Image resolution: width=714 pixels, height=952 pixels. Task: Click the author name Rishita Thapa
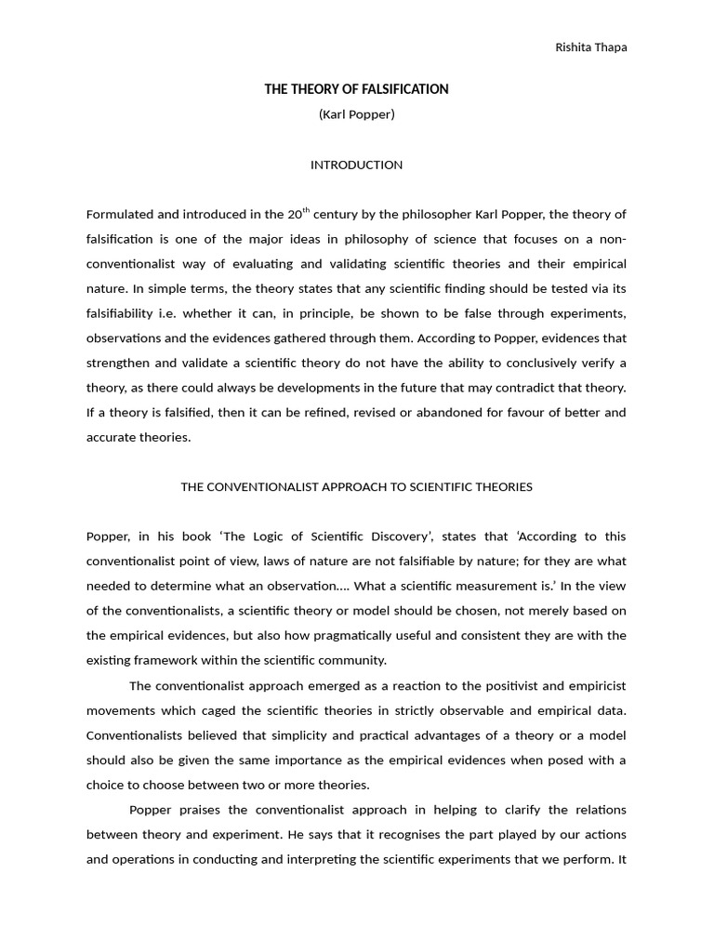590,48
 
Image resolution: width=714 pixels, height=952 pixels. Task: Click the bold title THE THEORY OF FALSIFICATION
356,89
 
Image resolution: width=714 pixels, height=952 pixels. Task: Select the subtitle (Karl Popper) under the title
356,114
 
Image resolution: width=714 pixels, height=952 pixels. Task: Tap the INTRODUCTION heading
356,165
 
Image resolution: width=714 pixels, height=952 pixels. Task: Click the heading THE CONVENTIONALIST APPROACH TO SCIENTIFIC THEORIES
356,486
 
